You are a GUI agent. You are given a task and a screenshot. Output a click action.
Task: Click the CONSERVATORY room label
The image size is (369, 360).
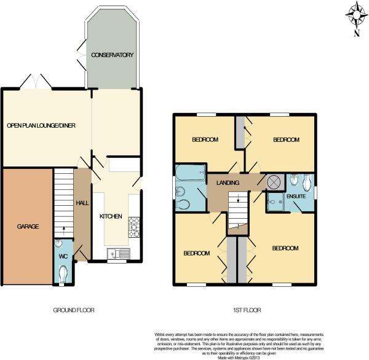tap(112, 55)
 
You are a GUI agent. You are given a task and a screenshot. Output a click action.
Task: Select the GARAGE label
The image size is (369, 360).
tap(26, 226)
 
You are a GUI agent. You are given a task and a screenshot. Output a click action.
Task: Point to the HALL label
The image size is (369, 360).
tap(82, 203)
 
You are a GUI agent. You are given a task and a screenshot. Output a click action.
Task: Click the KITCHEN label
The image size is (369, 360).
tap(111, 216)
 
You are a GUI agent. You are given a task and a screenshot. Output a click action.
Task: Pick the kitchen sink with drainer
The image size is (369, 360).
tap(116, 252)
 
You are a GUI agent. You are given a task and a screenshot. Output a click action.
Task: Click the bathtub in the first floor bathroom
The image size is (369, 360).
tap(185, 171)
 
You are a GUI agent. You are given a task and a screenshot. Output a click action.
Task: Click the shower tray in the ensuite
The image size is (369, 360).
tap(274, 200)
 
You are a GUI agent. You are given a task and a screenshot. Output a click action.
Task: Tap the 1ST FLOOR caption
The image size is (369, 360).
tap(245, 309)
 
